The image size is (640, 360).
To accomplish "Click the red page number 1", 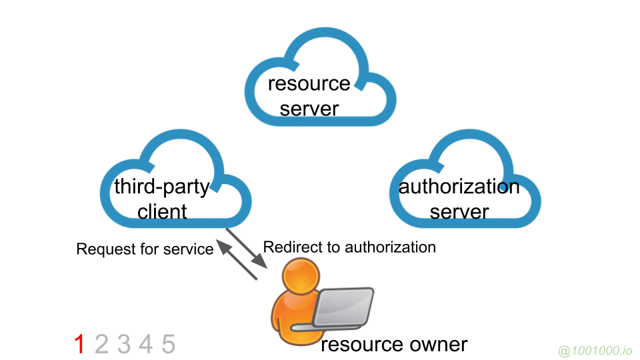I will click(79, 345).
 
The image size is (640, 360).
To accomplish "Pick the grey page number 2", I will click(101, 345).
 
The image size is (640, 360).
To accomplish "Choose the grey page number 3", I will click(124, 345).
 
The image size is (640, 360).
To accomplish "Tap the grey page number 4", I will click(146, 345).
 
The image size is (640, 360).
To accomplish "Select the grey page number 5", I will click(168, 345).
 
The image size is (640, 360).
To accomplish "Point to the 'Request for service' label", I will click(145, 249).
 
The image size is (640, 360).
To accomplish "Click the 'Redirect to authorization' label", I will click(349, 247).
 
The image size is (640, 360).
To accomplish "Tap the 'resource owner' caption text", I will click(394, 345).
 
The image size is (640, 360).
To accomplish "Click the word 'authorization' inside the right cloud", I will click(459, 186).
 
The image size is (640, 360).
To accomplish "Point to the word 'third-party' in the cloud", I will click(162, 186).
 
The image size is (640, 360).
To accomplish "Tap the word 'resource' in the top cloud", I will click(309, 84).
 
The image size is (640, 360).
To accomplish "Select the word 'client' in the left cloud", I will click(162, 212).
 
